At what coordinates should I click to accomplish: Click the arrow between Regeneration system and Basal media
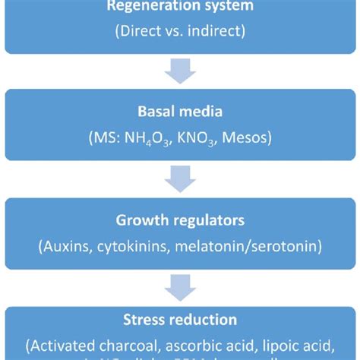pyautogui.click(x=180, y=74)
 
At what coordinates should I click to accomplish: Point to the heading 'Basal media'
pyautogui.click(x=180, y=112)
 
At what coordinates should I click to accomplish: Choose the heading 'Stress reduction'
pyautogui.click(x=180, y=321)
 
